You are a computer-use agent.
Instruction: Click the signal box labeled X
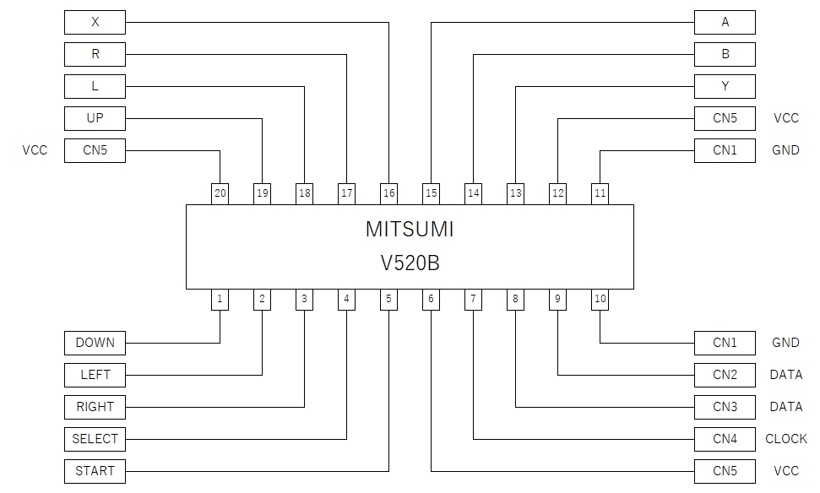tap(95, 22)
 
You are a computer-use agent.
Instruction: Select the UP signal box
tap(95, 118)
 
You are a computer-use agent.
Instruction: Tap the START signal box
tap(95, 471)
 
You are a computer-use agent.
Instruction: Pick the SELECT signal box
tap(95, 439)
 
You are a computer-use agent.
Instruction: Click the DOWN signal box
tap(95, 343)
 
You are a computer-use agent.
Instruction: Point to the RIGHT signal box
tap(95, 407)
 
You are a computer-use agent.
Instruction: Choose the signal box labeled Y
tap(725, 86)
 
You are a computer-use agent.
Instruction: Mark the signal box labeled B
tap(725, 54)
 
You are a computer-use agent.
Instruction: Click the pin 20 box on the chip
tap(220, 193)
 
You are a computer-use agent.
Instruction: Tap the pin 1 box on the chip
tap(220, 299)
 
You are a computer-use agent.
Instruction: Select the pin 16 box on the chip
tap(388, 193)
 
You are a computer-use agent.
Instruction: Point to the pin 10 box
tap(600, 299)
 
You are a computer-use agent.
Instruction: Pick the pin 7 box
tap(473, 299)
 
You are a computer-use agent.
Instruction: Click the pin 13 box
tap(515, 193)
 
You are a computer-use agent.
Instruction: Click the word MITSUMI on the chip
tap(410, 230)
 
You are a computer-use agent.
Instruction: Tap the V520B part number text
tap(410, 263)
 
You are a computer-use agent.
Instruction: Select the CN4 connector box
tap(725, 439)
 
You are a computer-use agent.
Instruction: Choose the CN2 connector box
tap(725, 375)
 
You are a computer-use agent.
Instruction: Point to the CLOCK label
tap(785, 439)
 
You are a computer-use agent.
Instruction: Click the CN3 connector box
tap(725, 407)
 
